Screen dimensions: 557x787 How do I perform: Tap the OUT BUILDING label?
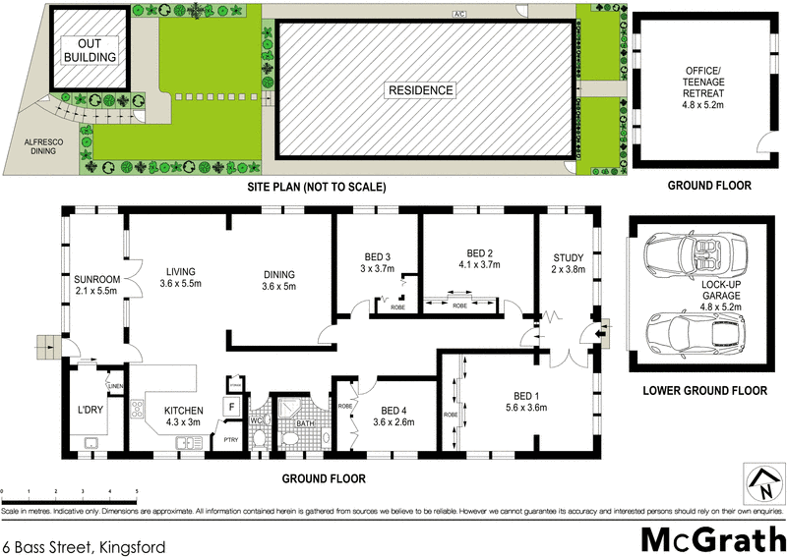coord(90,49)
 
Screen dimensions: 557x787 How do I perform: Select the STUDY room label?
coord(569,263)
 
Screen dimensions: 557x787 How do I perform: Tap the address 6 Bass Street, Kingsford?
coord(83,544)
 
